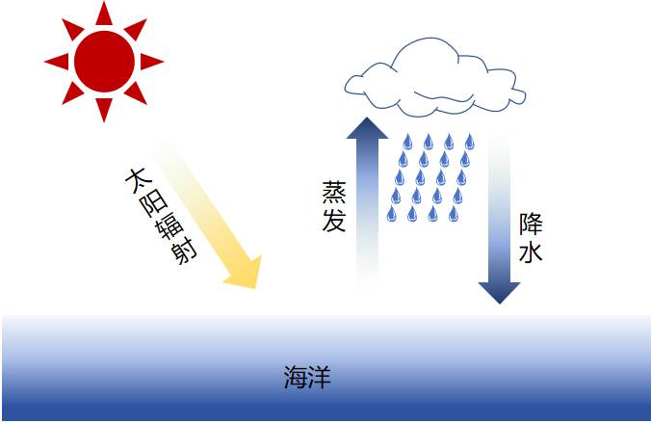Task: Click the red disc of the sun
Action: tap(104, 61)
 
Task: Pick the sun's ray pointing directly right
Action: tap(152, 61)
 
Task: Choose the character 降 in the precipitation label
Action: tap(531, 225)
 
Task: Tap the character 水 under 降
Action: tap(531, 251)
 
